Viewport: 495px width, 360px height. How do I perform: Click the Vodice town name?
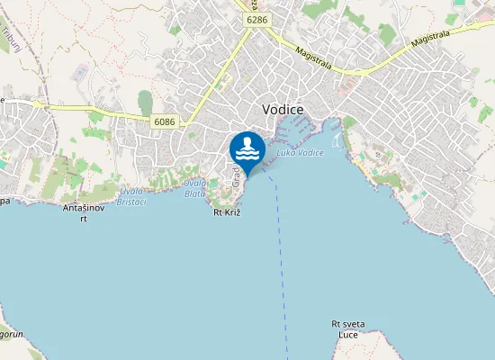point(283,109)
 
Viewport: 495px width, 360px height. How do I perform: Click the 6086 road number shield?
point(165,121)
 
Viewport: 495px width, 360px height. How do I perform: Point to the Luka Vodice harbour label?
point(301,153)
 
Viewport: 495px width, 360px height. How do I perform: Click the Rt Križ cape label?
point(227,213)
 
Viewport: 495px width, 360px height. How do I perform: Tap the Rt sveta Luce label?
point(346,329)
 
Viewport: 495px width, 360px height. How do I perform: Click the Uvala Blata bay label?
point(194,185)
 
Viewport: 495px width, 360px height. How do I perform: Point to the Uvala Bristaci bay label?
point(131,195)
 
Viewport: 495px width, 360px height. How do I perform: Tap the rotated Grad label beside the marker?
point(236,180)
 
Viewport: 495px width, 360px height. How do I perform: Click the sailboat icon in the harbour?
point(337,140)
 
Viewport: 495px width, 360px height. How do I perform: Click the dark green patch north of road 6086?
point(145,103)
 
